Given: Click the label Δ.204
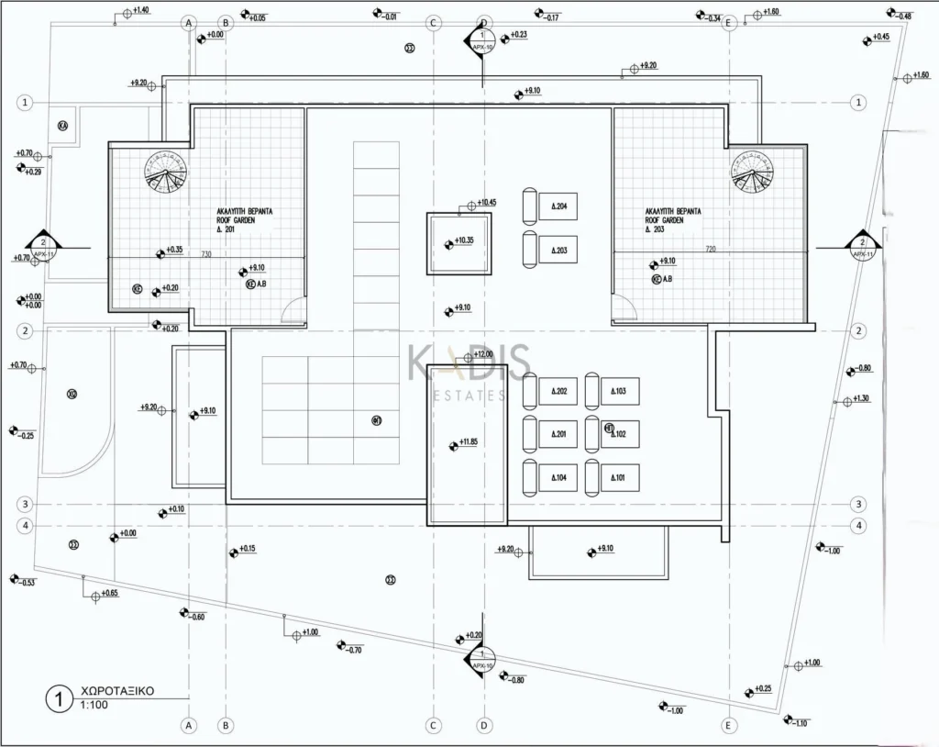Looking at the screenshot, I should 558,206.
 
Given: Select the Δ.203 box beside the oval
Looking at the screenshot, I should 558,250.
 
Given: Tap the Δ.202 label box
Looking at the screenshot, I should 558,392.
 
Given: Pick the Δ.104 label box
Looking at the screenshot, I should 558,478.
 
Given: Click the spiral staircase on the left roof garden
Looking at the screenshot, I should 165,172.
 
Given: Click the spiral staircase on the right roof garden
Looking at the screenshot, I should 752,172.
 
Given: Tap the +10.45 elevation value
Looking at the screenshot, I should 486,203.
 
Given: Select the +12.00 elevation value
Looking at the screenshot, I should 483,354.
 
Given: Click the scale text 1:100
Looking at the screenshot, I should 93,707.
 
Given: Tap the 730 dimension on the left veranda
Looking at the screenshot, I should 207,254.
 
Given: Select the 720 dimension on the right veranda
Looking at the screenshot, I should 710,249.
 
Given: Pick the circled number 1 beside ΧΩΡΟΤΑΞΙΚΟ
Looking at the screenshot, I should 59,698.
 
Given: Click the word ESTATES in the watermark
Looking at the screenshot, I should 469,396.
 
